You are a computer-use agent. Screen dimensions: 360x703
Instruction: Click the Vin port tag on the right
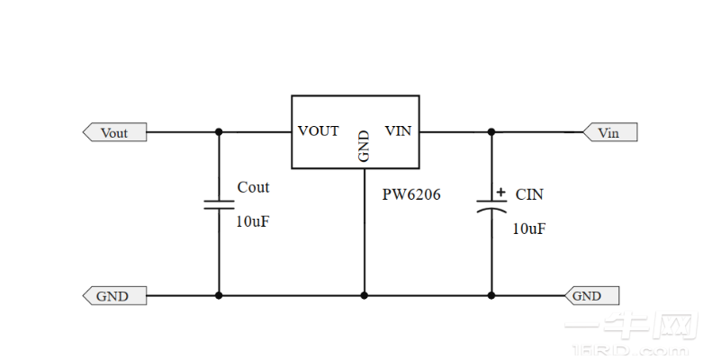point(608,133)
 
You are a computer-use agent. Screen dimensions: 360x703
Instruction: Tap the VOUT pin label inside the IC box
point(319,131)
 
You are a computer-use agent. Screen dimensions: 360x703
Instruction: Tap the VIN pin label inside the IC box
point(398,131)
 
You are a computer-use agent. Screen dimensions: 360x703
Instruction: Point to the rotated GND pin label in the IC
point(364,146)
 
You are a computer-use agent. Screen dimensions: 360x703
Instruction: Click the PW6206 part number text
point(412,194)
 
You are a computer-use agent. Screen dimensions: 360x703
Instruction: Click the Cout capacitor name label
point(253,187)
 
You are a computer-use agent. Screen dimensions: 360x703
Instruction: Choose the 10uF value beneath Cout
point(252,221)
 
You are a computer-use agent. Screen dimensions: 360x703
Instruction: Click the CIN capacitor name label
point(529,194)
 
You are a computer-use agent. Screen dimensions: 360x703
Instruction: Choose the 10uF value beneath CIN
point(528,229)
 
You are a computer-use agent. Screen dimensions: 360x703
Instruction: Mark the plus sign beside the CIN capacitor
point(500,192)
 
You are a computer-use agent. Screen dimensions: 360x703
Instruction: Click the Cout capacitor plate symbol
point(219,203)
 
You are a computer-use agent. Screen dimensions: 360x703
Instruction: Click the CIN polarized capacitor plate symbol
point(491,205)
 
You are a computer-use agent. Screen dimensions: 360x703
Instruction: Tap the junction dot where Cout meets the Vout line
point(219,132)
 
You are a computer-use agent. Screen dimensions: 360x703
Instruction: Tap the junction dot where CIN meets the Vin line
point(491,132)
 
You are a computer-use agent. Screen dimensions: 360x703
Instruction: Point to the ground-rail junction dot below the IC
point(365,295)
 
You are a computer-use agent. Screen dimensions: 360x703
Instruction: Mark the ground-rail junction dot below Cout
point(219,295)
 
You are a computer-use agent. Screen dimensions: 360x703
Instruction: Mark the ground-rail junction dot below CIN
point(491,295)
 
